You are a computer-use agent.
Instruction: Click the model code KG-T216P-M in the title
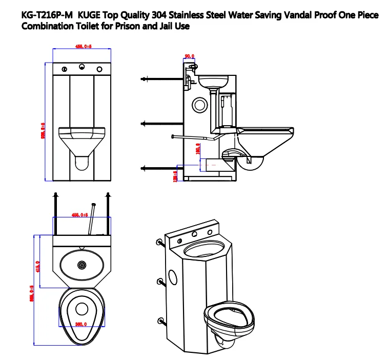point(46,15)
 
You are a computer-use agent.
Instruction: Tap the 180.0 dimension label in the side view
point(198,149)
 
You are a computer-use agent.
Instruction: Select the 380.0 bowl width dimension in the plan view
point(81,324)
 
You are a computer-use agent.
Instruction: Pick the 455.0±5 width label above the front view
point(83,47)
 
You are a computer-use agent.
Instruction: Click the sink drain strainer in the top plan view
point(81,265)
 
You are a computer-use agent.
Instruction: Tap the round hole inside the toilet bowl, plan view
point(81,309)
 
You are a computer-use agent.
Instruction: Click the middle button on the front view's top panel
point(82,67)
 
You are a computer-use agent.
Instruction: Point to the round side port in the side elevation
point(198,105)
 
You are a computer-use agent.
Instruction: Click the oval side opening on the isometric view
point(173,277)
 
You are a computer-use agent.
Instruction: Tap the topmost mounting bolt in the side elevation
point(144,78)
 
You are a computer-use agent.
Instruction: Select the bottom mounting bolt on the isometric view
point(162,321)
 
